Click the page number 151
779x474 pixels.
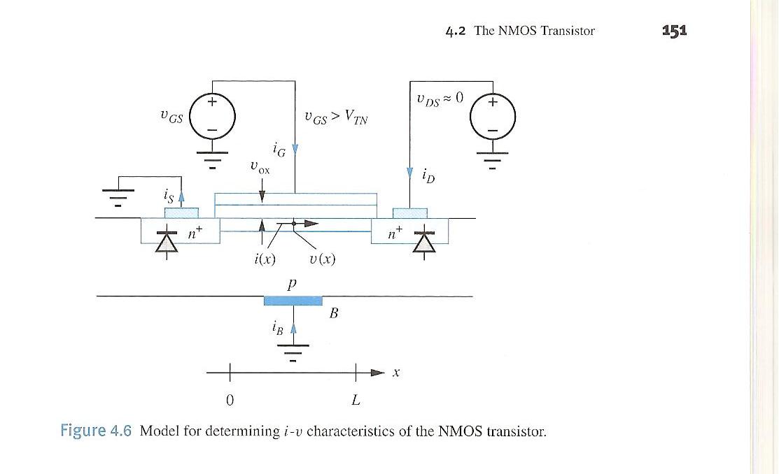click(x=675, y=30)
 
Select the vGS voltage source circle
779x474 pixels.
click(x=213, y=115)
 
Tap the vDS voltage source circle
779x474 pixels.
click(x=493, y=114)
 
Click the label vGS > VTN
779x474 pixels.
click(x=336, y=118)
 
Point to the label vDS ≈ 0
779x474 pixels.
click(x=440, y=99)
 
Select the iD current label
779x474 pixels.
click(x=428, y=175)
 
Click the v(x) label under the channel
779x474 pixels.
click(x=322, y=259)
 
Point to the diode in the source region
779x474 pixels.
click(x=167, y=241)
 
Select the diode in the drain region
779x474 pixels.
click(x=423, y=241)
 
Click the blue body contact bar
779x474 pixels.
click(x=293, y=301)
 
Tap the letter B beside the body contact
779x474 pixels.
click(x=334, y=314)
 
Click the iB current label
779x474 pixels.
click(x=277, y=328)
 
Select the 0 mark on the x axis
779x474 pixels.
click(x=230, y=401)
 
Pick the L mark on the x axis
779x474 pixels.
click(x=356, y=401)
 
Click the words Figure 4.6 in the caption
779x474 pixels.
click(x=96, y=430)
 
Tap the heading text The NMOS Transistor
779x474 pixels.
click(x=534, y=31)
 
